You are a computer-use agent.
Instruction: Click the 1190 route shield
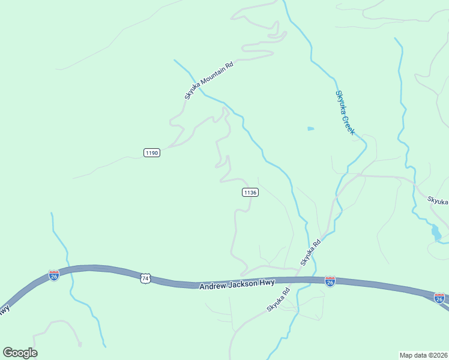point(152,153)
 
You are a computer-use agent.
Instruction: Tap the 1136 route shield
point(250,192)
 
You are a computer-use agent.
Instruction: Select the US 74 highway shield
point(145,278)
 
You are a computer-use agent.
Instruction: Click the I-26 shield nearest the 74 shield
point(54,275)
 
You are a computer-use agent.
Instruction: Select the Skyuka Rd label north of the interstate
point(311,252)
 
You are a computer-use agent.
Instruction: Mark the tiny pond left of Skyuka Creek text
point(310,128)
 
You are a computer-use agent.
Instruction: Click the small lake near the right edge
point(436,232)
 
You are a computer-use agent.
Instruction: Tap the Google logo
point(20,353)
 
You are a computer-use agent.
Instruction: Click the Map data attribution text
point(414,355)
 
